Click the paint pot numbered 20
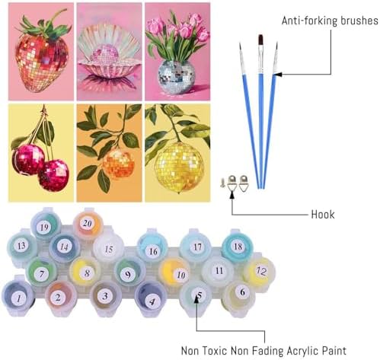coord(88,224)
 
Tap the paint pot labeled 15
coord(108,249)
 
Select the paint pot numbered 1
coord(18,298)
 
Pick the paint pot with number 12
coord(260,271)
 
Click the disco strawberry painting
coord(41,52)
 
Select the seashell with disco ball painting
coord(109,52)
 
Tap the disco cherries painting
coord(41,153)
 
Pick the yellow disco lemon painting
coord(177,153)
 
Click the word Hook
coord(323,215)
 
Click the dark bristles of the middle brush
coord(260,40)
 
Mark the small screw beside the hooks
coord(222,183)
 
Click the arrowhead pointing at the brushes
coord(277,75)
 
